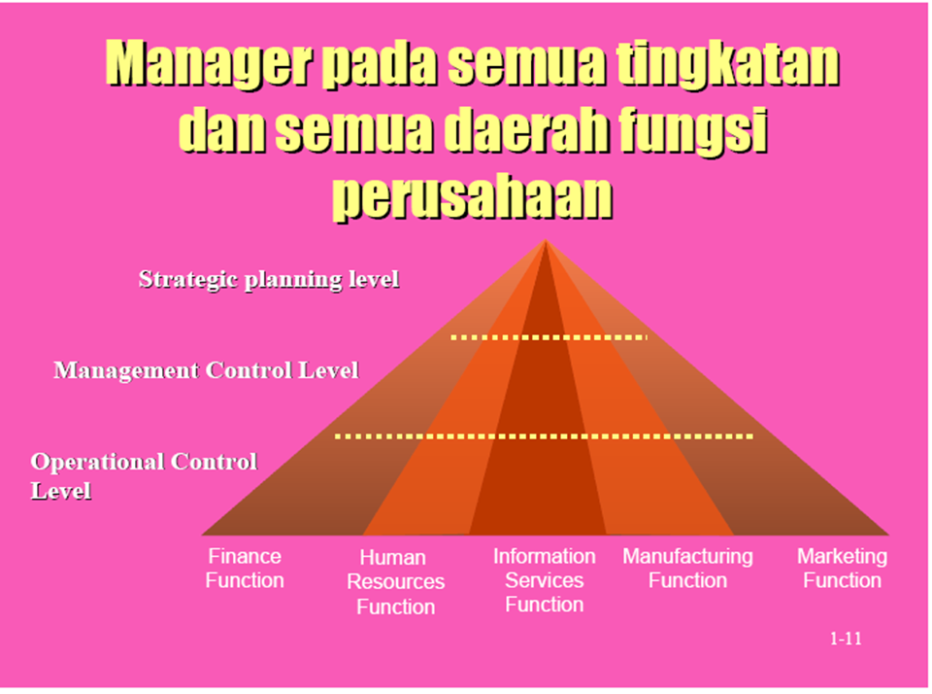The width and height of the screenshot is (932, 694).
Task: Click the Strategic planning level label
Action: (x=269, y=280)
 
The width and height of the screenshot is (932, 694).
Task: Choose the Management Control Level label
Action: (x=206, y=370)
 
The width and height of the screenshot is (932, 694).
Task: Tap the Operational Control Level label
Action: (x=144, y=475)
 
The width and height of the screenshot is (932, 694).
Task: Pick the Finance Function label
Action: (x=245, y=569)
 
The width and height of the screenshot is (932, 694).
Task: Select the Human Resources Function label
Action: (x=395, y=582)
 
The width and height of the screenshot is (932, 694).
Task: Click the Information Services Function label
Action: (x=544, y=580)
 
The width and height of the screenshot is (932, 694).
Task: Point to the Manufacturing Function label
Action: (x=687, y=569)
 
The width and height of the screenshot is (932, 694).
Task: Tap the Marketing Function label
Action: (x=842, y=569)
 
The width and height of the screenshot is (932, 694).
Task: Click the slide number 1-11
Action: (x=846, y=639)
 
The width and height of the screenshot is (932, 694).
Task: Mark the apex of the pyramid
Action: (x=546, y=241)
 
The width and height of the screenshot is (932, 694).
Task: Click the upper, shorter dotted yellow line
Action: (x=549, y=337)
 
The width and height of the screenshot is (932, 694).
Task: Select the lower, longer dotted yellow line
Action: (x=544, y=436)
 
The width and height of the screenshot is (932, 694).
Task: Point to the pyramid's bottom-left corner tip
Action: (x=204, y=534)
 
